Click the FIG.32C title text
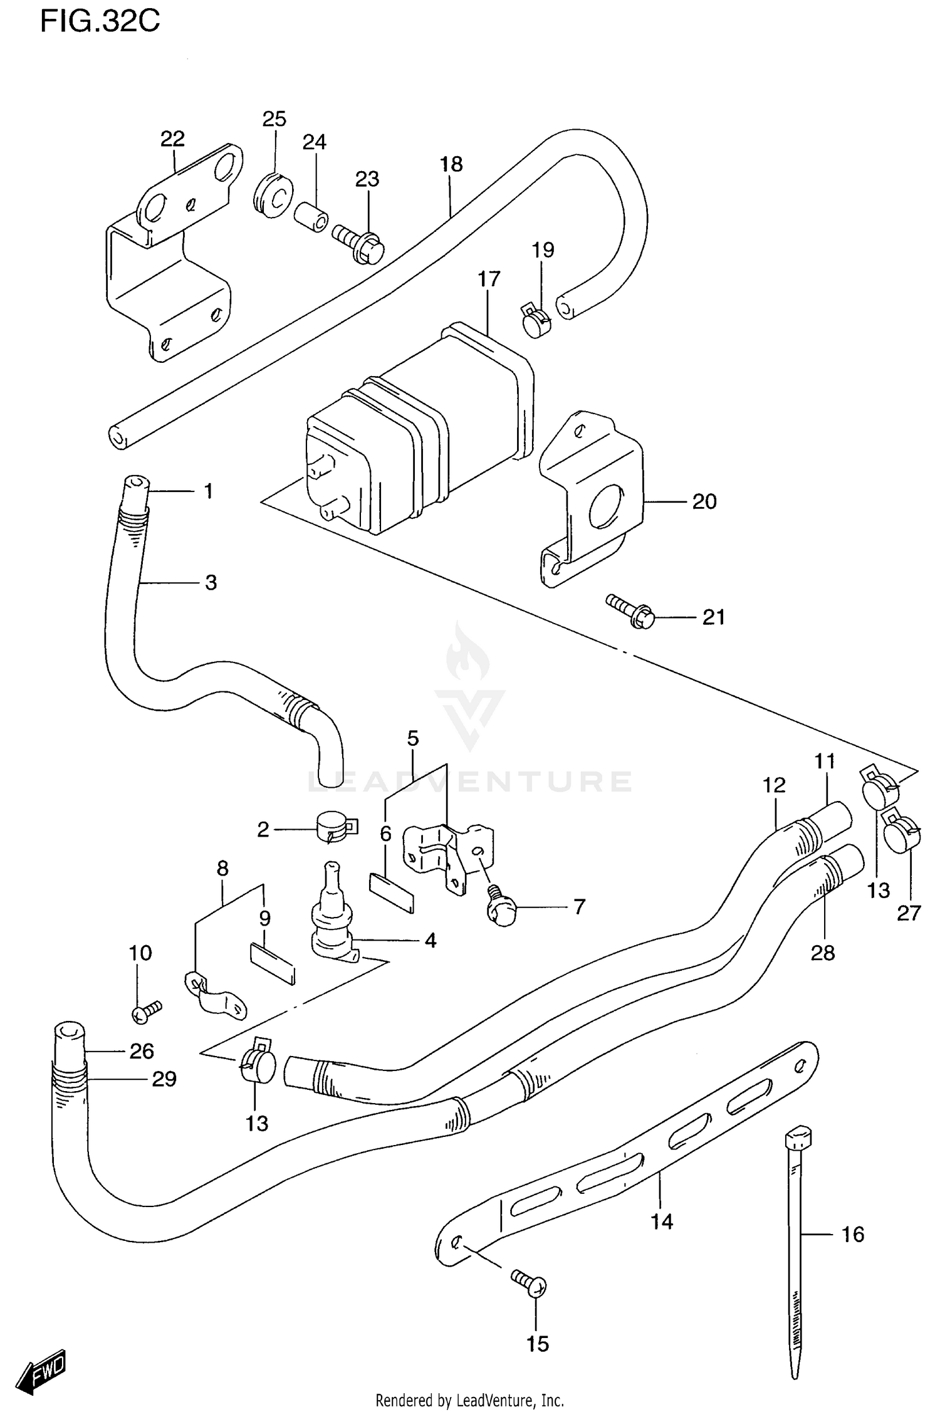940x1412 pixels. (100, 22)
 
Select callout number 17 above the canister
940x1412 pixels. (489, 279)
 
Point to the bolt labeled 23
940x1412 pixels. (358, 243)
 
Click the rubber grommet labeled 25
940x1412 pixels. (273, 194)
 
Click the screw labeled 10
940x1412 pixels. (147, 1011)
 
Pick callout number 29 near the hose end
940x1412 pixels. (164, 1079)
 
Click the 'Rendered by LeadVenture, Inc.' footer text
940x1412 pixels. (469, 1400)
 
